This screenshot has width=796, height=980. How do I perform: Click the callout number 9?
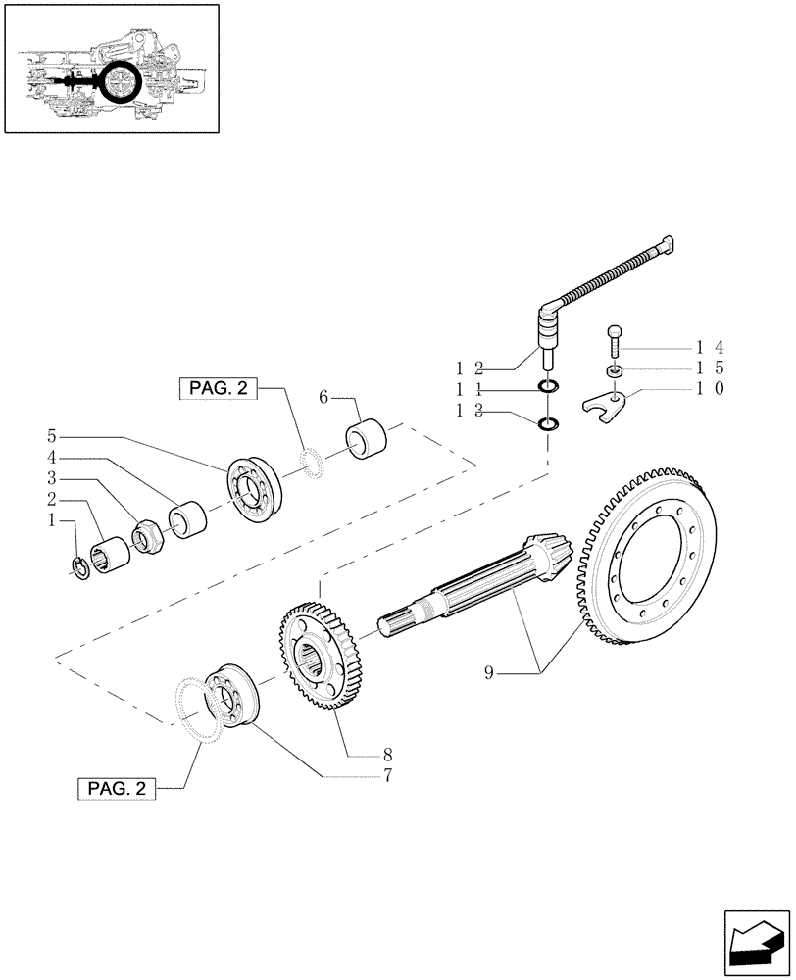point(489,672)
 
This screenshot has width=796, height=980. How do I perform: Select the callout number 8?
point(387,755)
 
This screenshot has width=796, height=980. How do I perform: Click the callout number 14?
point(710,347)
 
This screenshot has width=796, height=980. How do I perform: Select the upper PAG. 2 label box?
point(218,389)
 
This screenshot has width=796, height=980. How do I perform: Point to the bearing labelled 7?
point(227,695)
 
